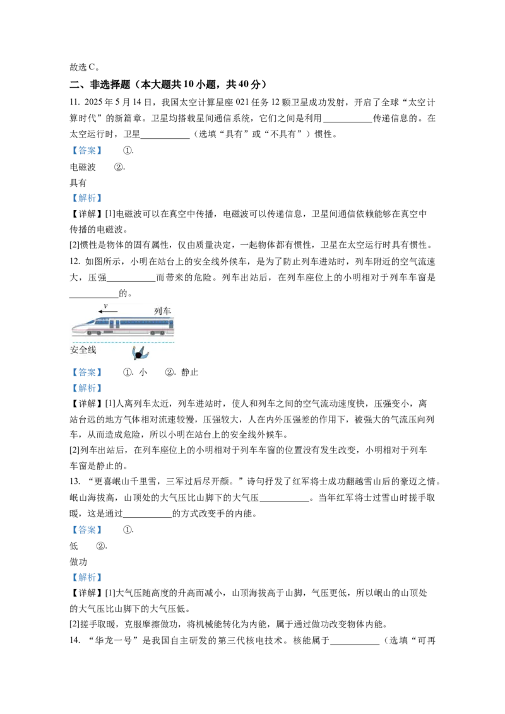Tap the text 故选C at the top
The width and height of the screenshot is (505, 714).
pos(82,67)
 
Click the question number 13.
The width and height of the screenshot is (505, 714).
pos(74,481)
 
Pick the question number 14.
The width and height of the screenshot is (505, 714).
pos(74,640)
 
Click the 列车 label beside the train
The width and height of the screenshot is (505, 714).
pos(162,311)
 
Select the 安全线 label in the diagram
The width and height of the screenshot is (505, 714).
pos(83,349)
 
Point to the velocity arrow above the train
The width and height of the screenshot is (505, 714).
pos(107,312)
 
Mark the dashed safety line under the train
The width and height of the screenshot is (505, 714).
pos(123,342)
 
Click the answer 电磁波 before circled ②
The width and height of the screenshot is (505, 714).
pos(83,167)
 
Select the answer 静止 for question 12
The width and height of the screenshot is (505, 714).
pos(189,373)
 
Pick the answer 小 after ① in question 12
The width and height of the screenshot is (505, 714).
pos(143,373)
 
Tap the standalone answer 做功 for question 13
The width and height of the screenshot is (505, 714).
pos(78,562)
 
